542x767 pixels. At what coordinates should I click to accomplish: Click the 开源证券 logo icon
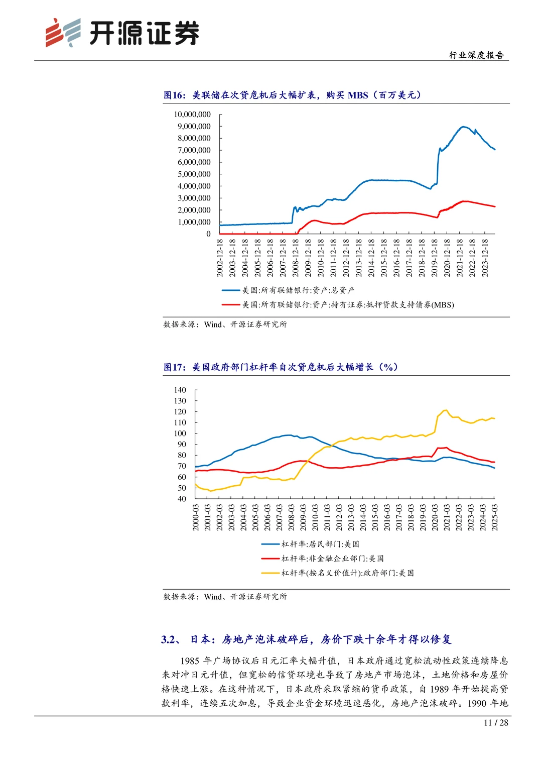pos(63,33)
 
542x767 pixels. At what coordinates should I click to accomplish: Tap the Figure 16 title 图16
pos(174,95)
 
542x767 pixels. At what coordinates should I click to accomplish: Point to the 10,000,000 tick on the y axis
pos(192,115)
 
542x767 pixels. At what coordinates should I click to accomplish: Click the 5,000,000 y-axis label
pos(194,174)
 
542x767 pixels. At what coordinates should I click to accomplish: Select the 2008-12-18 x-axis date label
pos(296,257)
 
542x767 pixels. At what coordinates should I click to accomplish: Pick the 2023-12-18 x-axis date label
pos(485,257)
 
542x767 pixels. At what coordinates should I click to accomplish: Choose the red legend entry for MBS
pos(337,304)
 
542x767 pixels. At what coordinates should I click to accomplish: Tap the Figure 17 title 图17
pos(174,367)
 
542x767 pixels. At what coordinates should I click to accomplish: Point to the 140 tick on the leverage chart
pos(180,390)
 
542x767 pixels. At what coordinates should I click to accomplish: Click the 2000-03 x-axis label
pos(196,517)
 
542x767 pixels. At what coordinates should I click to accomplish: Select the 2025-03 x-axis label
pos(494,517)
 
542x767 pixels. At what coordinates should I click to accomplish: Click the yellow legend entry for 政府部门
pos(337,573)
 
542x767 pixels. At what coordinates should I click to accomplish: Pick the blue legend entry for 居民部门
pos(310,544)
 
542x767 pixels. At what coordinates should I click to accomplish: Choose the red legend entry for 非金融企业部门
pos(322,558)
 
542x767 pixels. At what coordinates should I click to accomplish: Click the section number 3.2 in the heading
pos(170,639)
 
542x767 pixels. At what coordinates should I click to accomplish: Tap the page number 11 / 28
pos(496,722)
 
